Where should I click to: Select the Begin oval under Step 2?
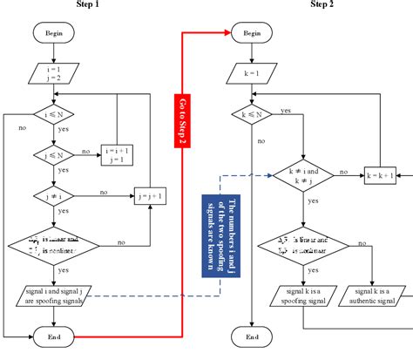(x=252, y=33)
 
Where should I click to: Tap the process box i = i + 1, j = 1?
(x=120, y=155)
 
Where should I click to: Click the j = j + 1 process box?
(x=151, y=195)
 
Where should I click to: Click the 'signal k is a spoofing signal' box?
(x=288, y=295)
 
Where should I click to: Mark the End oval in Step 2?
(x=252, y=335)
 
